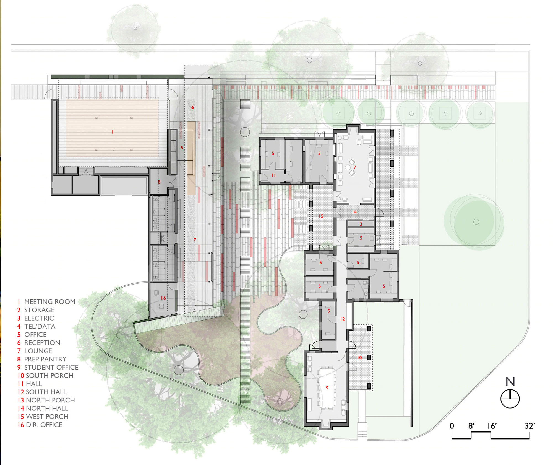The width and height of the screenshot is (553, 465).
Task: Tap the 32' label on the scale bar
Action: (x=530, y=426)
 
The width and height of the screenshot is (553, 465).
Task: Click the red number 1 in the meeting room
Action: (x=113, y=132)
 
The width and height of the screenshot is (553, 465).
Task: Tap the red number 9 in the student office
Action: (x=327, y=388)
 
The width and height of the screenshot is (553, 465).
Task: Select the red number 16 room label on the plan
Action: (x=163, y=298)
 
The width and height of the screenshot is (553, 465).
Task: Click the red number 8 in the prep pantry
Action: (x=159, y=182)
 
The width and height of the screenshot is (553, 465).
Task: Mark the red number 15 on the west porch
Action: (x=321, y=216)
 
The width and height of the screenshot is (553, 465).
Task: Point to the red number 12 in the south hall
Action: (x=342, y=319)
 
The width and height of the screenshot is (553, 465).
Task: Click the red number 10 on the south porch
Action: (x=359, y=357)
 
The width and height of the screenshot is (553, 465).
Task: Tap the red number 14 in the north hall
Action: (x=354, y=212)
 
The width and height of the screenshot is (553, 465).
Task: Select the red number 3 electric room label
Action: (x=361, y=224)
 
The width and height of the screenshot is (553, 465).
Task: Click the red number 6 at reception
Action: (x=192, y=107)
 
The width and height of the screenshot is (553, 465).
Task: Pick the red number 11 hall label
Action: (x=273, y=175)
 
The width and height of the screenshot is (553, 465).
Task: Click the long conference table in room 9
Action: (x=327, y=387)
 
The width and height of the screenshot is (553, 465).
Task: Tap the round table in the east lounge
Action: (x=348, y=167)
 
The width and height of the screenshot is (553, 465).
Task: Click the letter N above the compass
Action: (x=510, y=382)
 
